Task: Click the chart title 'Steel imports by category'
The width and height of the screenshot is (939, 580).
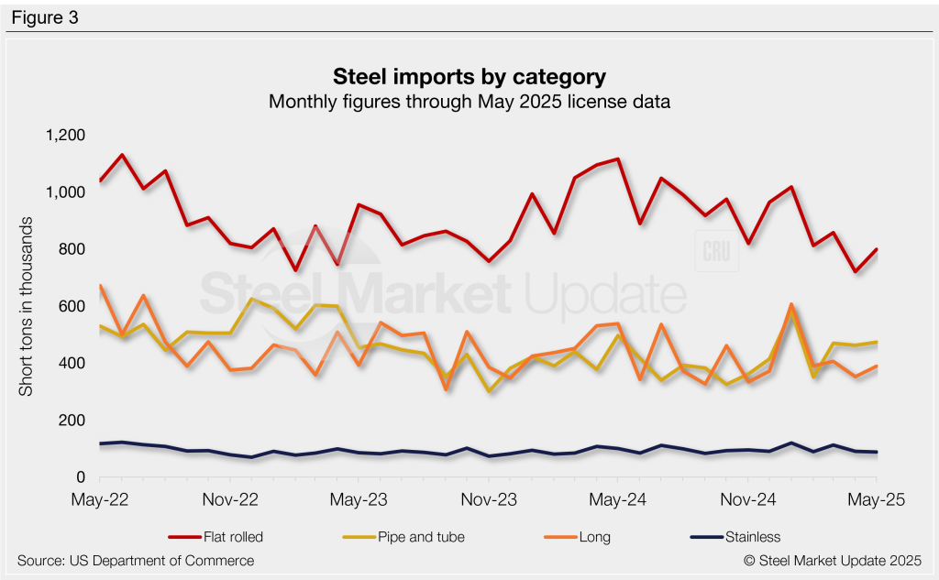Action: (469, 74)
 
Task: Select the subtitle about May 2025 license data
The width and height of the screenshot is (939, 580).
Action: (469, 101)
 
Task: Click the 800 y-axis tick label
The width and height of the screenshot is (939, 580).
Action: (71, 249)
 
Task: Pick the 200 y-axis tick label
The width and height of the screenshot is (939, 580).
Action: (71, 421)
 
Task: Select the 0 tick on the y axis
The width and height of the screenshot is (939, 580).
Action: (80, 477)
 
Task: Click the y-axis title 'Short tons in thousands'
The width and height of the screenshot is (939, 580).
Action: (27, 306)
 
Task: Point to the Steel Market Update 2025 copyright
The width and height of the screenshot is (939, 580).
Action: (832, 560)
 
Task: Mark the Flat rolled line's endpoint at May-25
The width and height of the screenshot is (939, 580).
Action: (878, 249)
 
